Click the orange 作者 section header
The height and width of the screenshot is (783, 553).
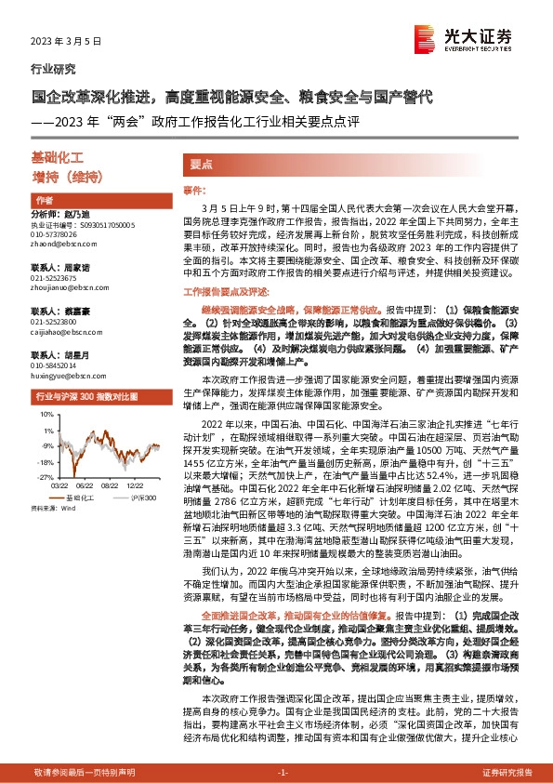coord(44,201)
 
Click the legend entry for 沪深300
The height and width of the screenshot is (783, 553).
coord(124,498)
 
